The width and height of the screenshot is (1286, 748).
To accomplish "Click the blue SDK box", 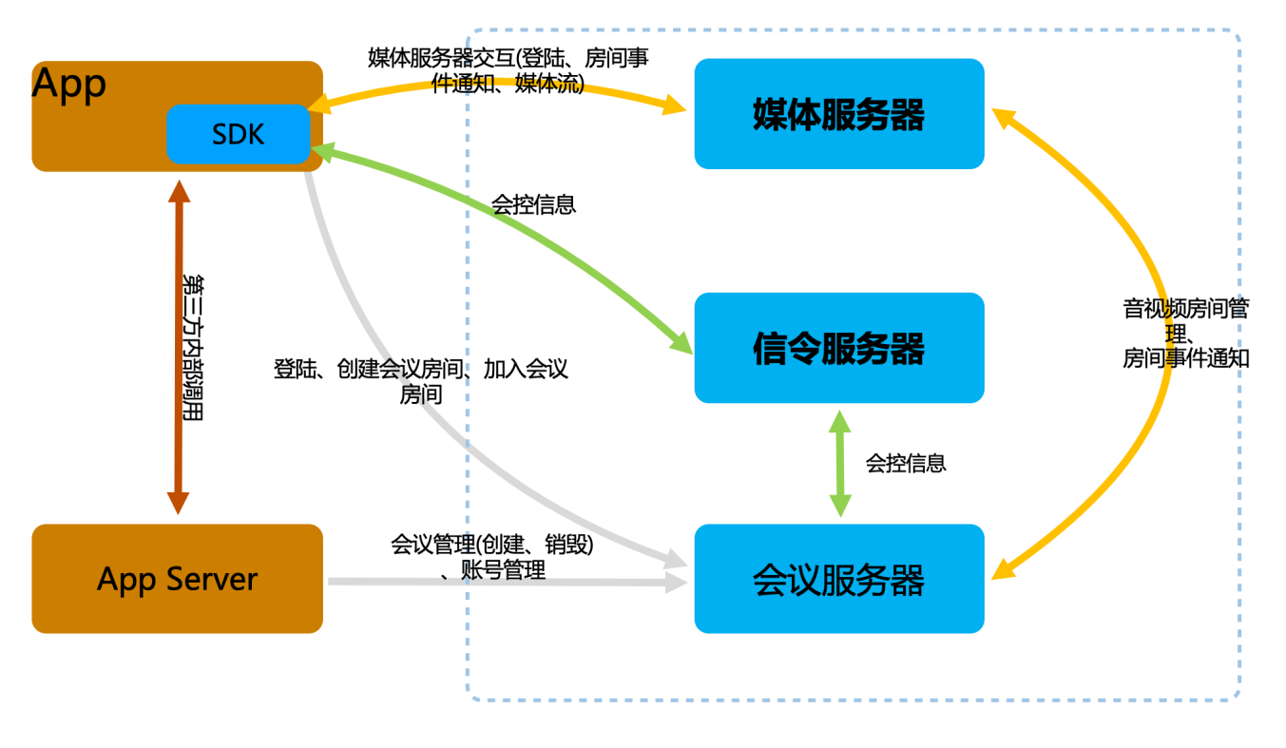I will click(x=239, y=134).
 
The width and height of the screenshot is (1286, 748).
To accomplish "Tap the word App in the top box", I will click(x=69, y=85).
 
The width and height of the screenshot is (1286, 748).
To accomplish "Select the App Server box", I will click(x=178, y=579).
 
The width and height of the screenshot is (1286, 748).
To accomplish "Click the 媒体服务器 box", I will click(x=838, y=114).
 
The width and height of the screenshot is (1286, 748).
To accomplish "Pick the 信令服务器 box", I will click(x=838, y=348).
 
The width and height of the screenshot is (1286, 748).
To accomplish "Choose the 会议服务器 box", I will click(x=838, y=579).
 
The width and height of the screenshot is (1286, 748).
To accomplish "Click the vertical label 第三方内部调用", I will click(x=193, y=348).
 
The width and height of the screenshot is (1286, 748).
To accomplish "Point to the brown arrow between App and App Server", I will click(x=178, y=348).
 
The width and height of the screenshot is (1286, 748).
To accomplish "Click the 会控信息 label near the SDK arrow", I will click(x=533, y=204).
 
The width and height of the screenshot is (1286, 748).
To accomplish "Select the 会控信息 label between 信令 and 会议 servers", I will click(x=905, y=463).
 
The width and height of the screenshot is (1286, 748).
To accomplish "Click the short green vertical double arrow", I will click(x=839, y=463).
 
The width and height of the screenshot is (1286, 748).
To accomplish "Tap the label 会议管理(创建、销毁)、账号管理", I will click(x=492, y=557).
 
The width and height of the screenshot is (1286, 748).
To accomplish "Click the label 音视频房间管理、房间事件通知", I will click(x=1185, y=334).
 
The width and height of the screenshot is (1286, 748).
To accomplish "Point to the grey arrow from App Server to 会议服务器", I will click(x=504, y=582).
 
